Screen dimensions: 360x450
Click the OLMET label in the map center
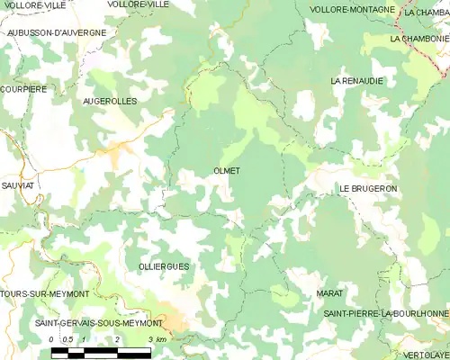coord(227,169)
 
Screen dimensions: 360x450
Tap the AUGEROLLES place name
coord(110,102)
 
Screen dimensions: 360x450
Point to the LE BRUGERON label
coord(368,188)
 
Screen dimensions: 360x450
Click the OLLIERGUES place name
coord(139,267)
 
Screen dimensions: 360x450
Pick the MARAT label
coord(330,294)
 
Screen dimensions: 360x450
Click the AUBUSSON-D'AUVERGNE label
coord(56,32)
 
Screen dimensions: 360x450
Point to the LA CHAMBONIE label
coord(418,40)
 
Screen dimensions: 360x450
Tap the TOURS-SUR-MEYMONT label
coord(44,294)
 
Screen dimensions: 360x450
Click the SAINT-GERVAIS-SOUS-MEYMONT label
coord(98,322)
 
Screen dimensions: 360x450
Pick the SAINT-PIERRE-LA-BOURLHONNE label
coord(386,312)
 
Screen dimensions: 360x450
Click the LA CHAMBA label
coord(426,13)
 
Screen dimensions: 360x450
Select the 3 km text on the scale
coord(157,338)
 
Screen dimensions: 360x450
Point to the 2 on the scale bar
coord(117,338)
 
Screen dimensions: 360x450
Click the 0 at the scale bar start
coord(52,338)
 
